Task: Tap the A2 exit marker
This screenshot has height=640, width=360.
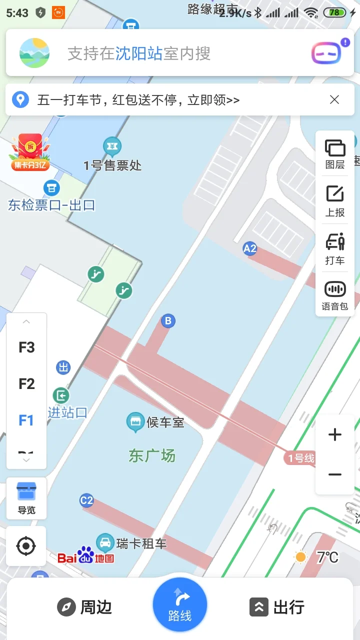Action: [x=249, y=248]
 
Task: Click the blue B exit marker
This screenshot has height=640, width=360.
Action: [x=168, y=321]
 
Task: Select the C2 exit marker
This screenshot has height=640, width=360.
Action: [x=86, y=500]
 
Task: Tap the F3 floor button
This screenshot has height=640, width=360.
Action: [x=26, y=347]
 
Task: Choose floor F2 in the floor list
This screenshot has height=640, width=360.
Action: [x=26, y=384]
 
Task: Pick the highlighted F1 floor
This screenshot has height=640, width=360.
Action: [x=26, y=420]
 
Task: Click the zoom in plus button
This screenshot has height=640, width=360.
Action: [x=334, y=435]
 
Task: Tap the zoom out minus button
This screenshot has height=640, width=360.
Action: [x=334, y=474]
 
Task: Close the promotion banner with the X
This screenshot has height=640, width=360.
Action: [x=334, y=99]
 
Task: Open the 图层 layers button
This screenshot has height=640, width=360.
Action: [x=335, y=154]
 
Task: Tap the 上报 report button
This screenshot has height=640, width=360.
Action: [x=335, y=201]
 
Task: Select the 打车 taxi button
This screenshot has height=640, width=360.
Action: [x=335, y=249]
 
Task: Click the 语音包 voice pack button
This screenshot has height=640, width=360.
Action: [x=335, y=295]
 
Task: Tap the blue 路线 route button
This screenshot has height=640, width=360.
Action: [x=180, y=605]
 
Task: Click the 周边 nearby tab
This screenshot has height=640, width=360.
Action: [x=84, y=607]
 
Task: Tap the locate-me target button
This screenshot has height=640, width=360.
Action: [x=26, y=546]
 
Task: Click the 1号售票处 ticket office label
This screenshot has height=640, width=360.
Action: [x=113, y=165]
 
